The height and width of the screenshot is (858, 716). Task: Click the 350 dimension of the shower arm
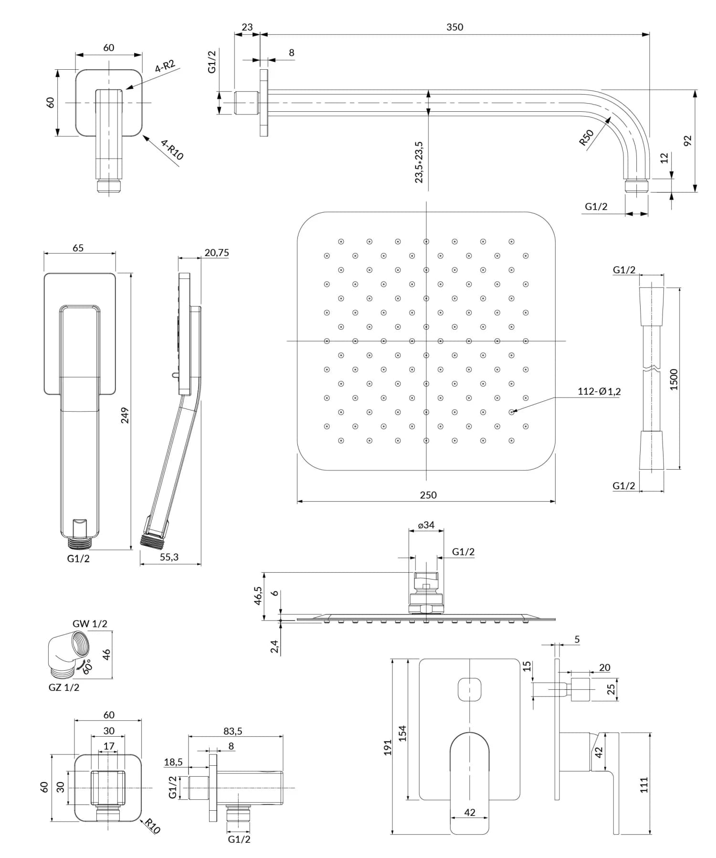point(454,27)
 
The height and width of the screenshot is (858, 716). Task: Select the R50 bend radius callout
point(587,138)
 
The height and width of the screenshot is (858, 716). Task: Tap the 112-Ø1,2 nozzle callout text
point(599,392)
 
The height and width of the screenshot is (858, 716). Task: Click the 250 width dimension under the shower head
point(428,495)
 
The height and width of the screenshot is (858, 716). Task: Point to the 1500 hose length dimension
point(674,379)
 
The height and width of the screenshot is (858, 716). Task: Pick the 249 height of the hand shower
point(125,416)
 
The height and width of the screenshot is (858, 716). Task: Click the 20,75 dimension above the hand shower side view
point(216,253)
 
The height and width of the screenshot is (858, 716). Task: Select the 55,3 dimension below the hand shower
point(169,557)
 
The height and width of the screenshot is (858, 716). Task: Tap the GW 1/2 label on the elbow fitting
point(90,623)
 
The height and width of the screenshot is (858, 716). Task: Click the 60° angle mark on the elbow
point(87,667)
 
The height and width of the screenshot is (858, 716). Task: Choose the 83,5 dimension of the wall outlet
point(232,731)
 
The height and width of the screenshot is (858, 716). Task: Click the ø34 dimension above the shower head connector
point(426,525)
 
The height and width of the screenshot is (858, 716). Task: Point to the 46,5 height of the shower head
point(258,596)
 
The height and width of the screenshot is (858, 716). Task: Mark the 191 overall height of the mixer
point(388,747)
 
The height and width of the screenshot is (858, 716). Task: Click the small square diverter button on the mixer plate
point(469,690)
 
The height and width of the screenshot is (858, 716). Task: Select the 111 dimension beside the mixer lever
point(644,785)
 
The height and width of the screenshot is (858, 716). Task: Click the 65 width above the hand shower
point(78,247)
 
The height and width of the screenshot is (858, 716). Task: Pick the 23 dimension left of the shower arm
point(247,27)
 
